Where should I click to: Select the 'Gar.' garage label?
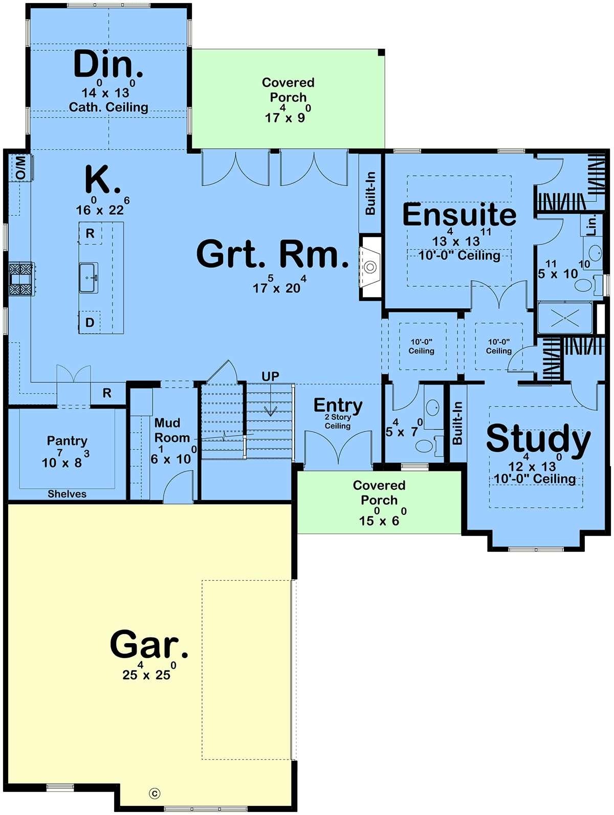click(149, 644)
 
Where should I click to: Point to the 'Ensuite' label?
click(459, 214)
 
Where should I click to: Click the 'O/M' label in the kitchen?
click(21, 168)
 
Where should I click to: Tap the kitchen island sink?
click(89, 277)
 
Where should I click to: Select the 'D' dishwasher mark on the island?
click(90, 322)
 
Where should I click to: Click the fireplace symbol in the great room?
click(370, 266)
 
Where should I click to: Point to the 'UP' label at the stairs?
click(270, 376)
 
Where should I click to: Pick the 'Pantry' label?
click(67, 441)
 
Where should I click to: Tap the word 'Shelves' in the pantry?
click(67, 494)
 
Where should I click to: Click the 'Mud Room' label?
click(171, 430)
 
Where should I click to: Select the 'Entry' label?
click(338, 405)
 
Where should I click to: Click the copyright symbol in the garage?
click(155, 794)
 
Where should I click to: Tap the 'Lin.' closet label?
click(591, 225)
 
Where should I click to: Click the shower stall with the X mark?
click(565, 318)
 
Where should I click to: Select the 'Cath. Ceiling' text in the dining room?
click(108, 107)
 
